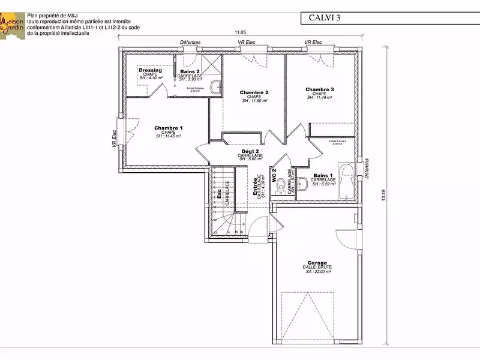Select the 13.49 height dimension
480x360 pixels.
(x=383, y=196)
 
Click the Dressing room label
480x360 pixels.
(x=149, y=70)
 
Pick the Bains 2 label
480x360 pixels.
(x=190, y=71)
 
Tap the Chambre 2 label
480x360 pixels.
(x=253, y=92)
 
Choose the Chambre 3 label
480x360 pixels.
(x=319, y=89)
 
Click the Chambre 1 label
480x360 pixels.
(x=168, y=128)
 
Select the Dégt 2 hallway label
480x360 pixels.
(x=250, y=152)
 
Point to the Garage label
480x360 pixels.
(x=317, y=263)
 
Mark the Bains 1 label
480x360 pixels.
(x=323, y=176)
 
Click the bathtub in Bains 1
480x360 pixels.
(x=346, y=179)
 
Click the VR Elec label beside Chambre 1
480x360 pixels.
(x=113, y=139)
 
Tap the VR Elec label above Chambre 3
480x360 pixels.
(x=313, y=43)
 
